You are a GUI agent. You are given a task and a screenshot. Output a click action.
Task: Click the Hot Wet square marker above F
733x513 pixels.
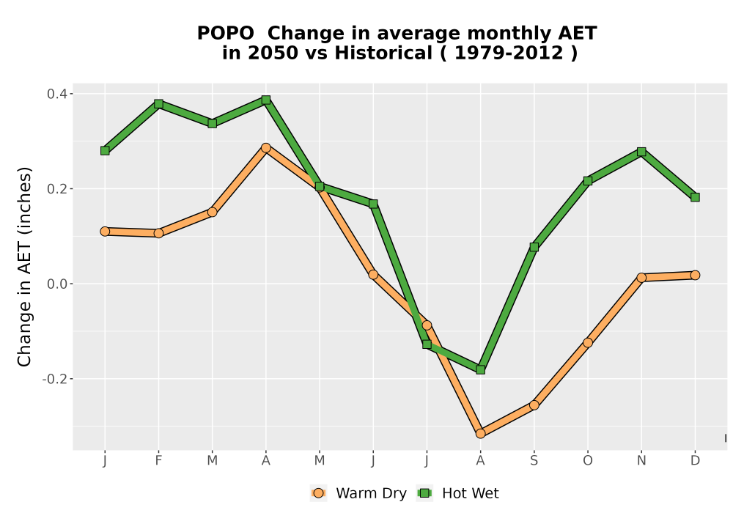point(158,104)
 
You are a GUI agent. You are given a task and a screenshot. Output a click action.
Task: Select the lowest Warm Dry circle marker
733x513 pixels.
point(480,434)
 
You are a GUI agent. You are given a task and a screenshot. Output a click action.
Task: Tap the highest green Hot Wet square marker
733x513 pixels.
point(266,100)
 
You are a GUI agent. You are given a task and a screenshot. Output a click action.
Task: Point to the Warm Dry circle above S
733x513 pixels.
point(534,405)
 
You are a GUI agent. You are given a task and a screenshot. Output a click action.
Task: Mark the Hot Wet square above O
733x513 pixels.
point(588,181)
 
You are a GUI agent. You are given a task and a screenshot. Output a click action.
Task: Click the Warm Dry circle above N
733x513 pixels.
point(641,278)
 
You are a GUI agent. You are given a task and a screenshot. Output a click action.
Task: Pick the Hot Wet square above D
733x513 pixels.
point(695,197)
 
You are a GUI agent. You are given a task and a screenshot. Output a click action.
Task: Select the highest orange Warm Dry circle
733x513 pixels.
point(266,147)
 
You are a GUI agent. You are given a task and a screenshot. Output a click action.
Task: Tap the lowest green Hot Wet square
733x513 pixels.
point(480,369)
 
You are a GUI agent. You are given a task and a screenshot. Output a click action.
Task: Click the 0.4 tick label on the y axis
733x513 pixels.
point(56,94)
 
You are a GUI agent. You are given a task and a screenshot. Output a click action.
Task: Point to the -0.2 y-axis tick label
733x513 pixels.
point(54,378)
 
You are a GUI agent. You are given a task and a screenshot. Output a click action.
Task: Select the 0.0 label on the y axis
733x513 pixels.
point(56,284)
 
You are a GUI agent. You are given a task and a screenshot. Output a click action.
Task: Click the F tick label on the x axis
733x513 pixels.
point(158,461)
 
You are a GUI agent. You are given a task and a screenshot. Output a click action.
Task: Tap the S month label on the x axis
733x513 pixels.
point(534,461)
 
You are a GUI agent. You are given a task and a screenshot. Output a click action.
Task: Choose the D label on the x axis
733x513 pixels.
point(695,461)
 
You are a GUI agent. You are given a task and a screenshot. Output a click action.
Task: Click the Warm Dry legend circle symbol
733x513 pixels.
point(318,493)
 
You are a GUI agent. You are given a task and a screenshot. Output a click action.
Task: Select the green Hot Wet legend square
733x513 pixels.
point(424,493)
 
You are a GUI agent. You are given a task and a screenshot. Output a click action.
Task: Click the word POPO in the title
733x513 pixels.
point(226,34)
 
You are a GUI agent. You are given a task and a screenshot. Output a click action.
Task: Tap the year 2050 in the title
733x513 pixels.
point(273,53)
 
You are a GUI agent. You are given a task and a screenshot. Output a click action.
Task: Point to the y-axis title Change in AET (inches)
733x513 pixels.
point(24,267)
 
